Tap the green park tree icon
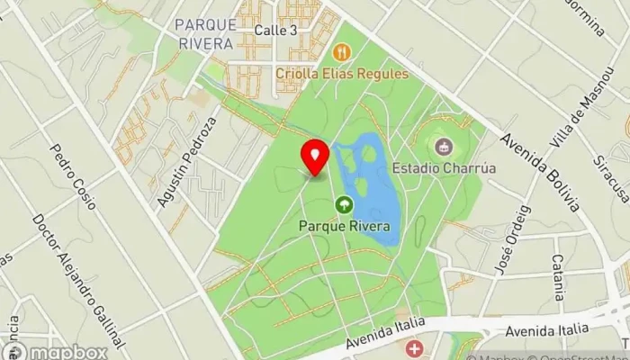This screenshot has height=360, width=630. tap(344, 205)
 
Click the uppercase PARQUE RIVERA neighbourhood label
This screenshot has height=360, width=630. tap(205, 32)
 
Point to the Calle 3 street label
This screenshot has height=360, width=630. tap(275, 31)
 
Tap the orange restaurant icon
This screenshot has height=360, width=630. tap(341, 52)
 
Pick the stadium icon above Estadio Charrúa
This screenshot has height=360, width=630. tap(442, 146)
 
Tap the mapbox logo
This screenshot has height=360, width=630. tap(56, 351)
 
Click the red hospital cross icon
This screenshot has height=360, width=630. tap(414, 347)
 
